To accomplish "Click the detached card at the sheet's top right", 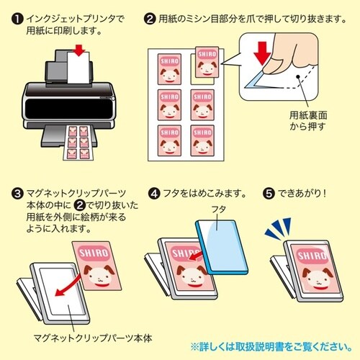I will [204, 63].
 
